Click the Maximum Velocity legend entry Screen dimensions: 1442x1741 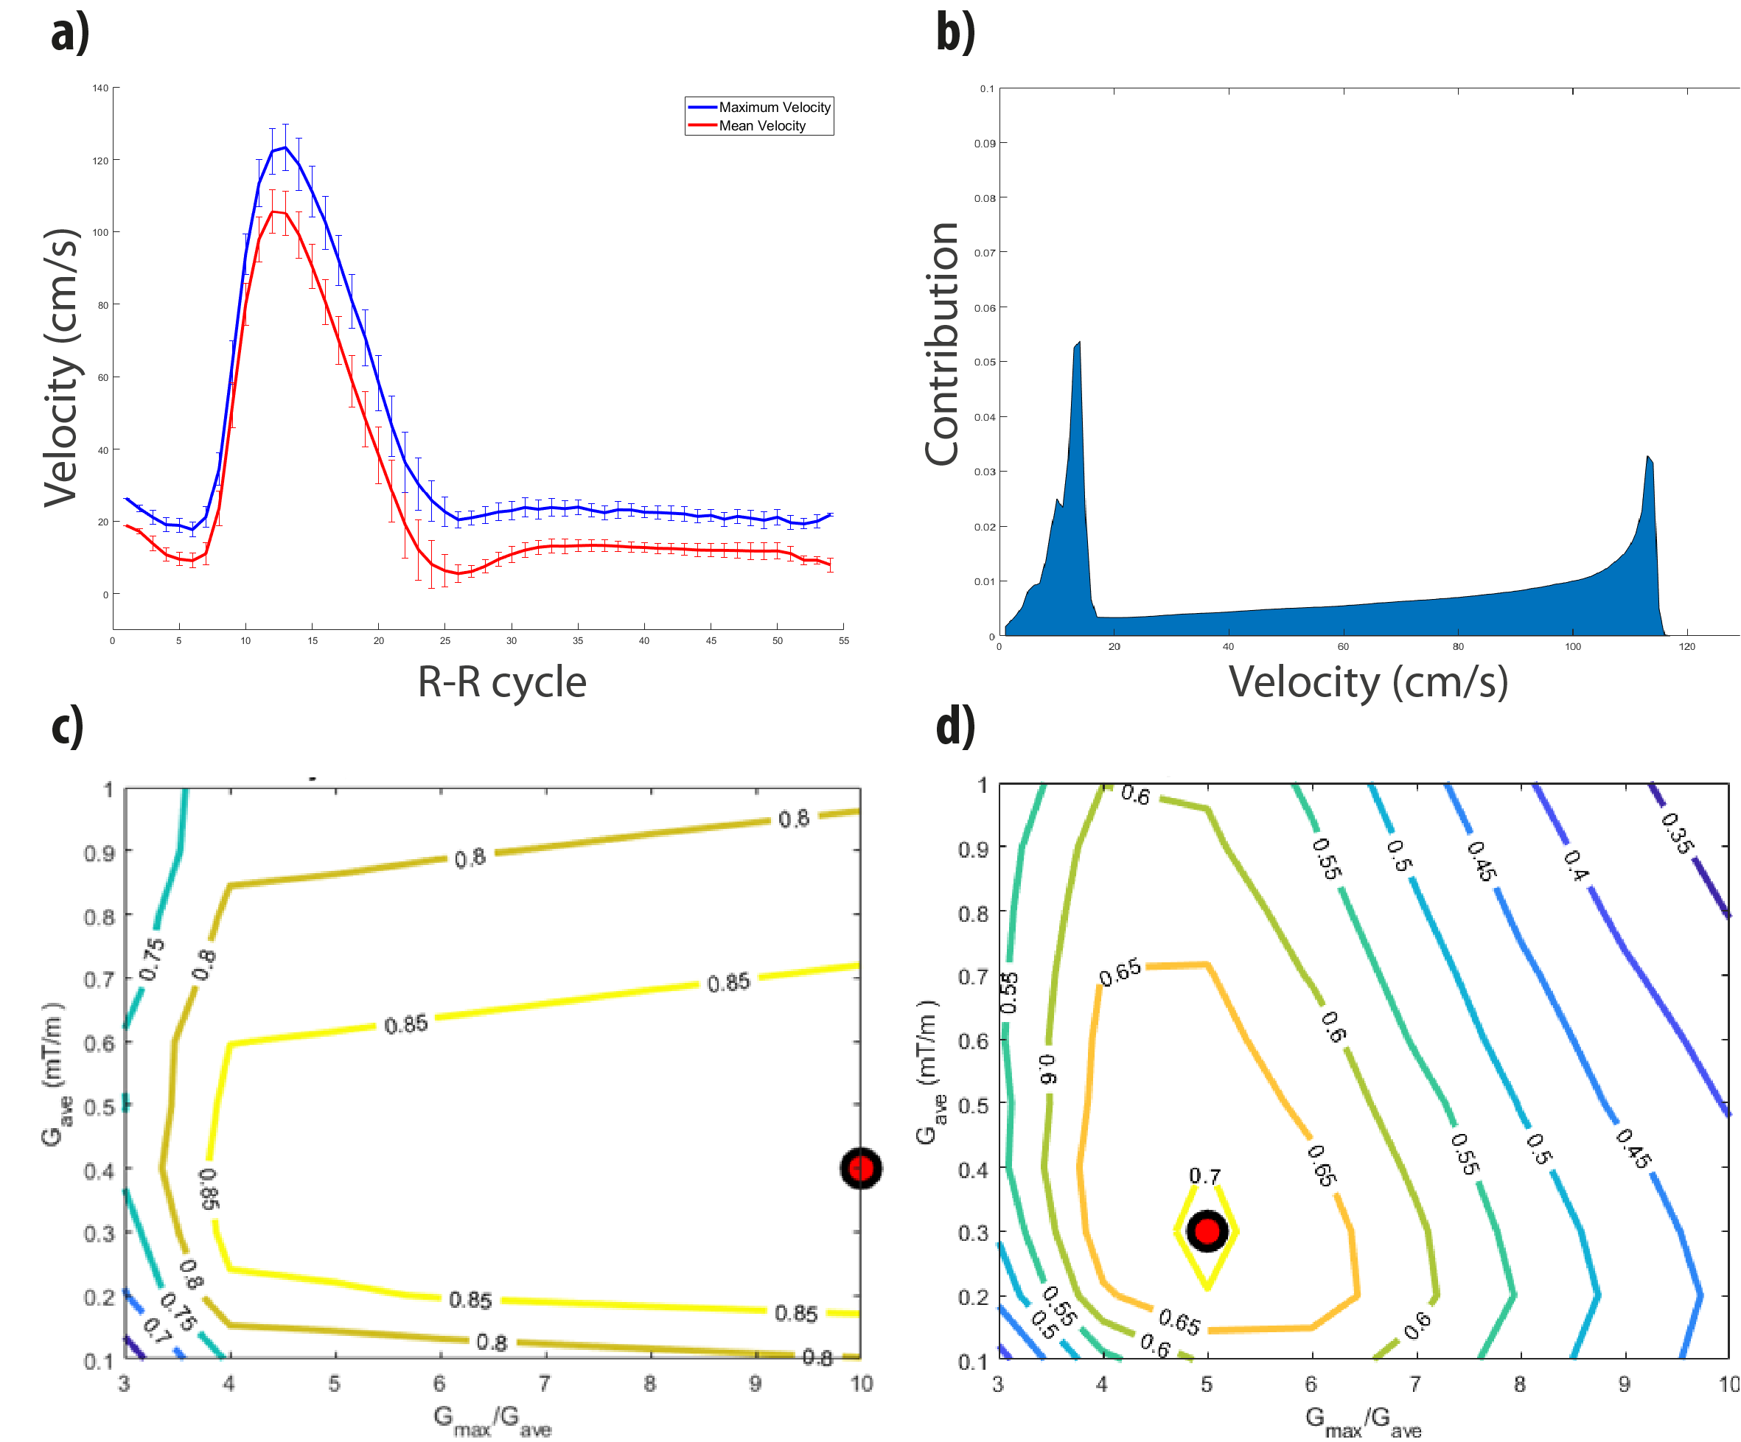pos(773,108)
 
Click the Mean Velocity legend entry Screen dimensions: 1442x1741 pos(762,126)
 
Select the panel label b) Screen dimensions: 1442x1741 pos(955,33)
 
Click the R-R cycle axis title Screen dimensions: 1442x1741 pos(501,682)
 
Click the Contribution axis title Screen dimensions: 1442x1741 pos(942,343)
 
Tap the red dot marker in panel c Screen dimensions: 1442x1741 pos(862,1169)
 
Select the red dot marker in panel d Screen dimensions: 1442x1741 pos(1207,1231)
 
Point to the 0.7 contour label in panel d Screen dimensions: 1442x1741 pos(1204,1176)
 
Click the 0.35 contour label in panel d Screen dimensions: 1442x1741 pos(1676,833)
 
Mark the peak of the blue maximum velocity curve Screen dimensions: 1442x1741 pos(285,147)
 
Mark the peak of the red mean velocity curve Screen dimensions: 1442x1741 pos(273,211)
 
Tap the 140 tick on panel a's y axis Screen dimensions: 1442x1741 pos(100,88)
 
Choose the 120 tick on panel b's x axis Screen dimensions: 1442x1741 pos(1687,646)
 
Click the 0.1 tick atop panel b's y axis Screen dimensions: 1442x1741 pos(986,88)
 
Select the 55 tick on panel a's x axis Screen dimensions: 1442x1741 pos(843,640)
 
